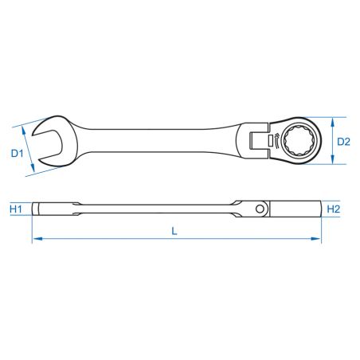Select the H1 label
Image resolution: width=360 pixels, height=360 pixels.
[x=15, y=210]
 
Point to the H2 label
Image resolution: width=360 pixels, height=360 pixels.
[x=335, y=209]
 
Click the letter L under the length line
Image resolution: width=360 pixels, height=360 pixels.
[x=175, y=230]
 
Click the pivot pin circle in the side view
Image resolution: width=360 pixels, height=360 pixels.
[x=260, y=209]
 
